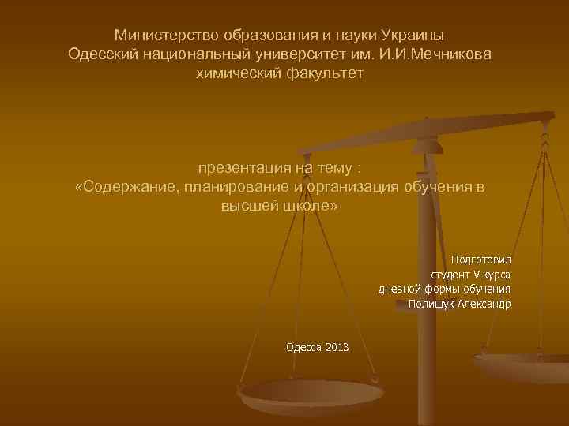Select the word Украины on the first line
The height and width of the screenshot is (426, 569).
click(413, 35)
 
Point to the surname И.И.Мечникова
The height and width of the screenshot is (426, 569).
click(430, 54)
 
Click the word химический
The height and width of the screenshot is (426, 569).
click(237, 73)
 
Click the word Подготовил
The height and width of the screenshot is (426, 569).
click(480, 260)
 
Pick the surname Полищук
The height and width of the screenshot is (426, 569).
click(430, 304)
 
